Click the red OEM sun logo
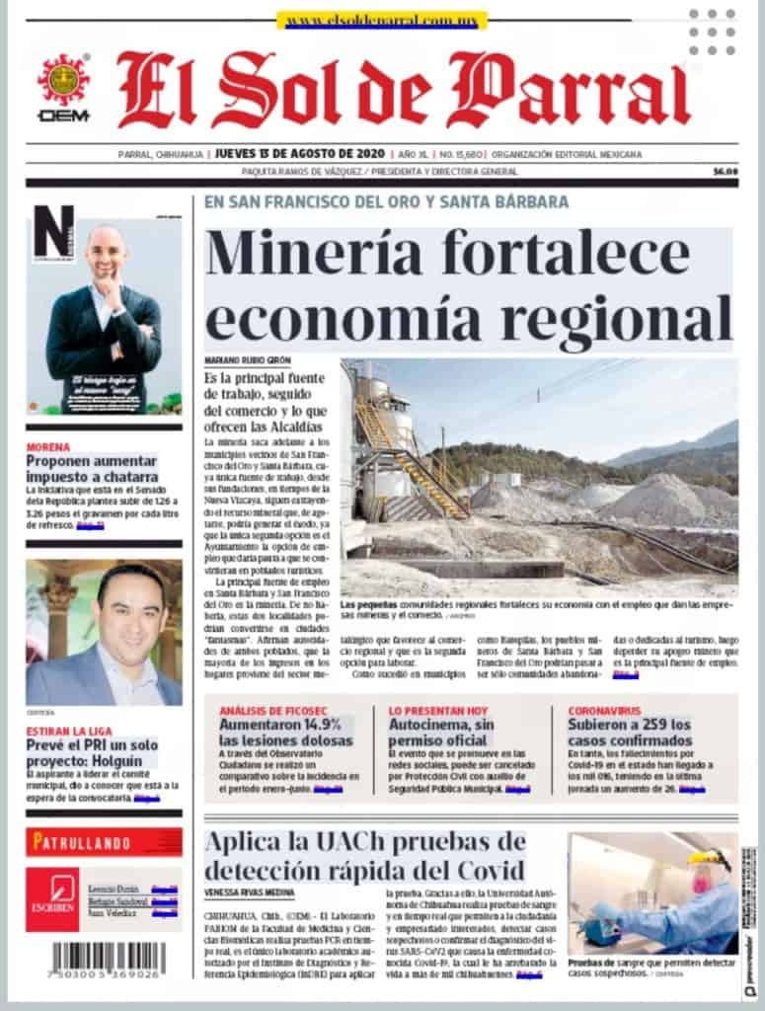tap(63, 81)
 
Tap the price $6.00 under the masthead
tap(726, 172)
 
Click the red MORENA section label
tap(48, 447)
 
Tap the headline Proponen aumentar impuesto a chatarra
tap(91, 468)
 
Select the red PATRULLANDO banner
tap(104, 841)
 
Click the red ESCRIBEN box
tap(52, 898)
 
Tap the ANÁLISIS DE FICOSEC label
tap(271, 710)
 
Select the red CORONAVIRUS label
tap(604, 710)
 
